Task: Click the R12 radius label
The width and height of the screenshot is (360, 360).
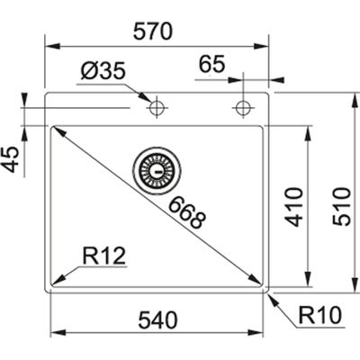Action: click(x=103, y=257)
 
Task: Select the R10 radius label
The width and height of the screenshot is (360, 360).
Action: click(x=320, y=315)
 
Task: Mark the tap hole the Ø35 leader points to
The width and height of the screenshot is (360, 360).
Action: click(x=157, y=108)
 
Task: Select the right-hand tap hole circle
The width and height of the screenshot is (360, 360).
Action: click(x=240, y=108)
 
